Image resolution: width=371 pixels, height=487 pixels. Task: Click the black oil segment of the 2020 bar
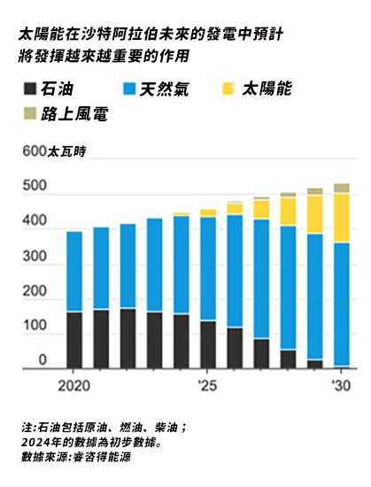tap(74, 340)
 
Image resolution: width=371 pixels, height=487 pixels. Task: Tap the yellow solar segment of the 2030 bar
tap(341, 217)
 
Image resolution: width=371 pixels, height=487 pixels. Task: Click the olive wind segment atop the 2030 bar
tap(341, 188)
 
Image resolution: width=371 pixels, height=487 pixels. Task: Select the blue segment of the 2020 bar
tap(74, 271)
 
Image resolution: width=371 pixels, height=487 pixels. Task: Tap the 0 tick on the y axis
tap(41, 360)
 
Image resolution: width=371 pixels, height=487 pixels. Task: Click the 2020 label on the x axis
tap(74, 385)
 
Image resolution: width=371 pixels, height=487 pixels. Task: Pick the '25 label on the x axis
tap(207, 385)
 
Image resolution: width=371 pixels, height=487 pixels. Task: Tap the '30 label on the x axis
tap(341, 385)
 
